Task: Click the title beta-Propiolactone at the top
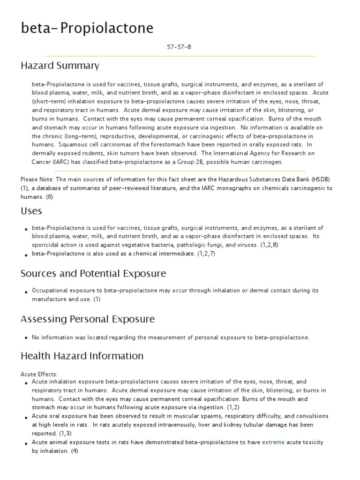tap(87, 29)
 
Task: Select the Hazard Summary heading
tap(60, 66)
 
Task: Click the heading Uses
tap(31, 211)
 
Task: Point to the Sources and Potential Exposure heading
tap(93, 273)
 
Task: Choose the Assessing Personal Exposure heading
tap(88, 319)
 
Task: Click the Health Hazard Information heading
tap(82, 356)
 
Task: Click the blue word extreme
tap(273, 442)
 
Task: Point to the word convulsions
tap(309, 416)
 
